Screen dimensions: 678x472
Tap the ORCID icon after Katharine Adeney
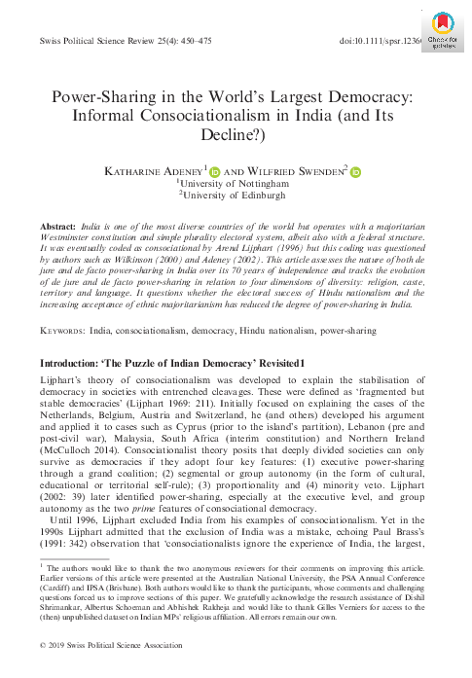click(215, 171)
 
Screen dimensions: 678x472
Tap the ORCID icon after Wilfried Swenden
click(356, 171)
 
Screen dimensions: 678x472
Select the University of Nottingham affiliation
click(236, 184)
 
